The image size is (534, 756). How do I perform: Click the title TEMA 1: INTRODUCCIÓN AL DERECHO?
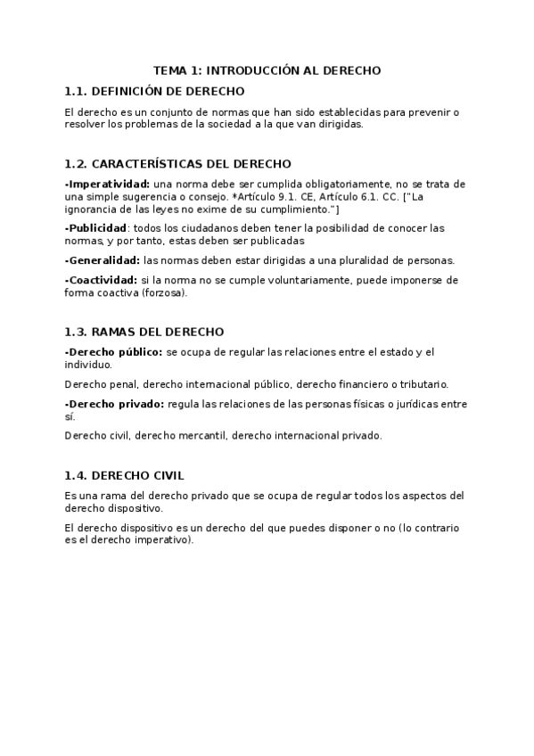point(267,70)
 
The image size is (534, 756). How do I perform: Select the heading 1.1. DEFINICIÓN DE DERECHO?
point(154,91)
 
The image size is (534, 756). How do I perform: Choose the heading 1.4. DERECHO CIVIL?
point(125,475)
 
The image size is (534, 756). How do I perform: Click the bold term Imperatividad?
point(109,185)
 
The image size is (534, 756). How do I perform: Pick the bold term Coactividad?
point(101,280)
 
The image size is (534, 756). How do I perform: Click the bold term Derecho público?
point(114,352)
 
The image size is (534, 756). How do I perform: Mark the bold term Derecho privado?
point(114,404)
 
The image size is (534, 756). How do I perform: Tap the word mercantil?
point(202,436)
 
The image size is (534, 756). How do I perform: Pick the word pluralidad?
point(361,260)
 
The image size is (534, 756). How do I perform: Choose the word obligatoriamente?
point(306,185)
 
